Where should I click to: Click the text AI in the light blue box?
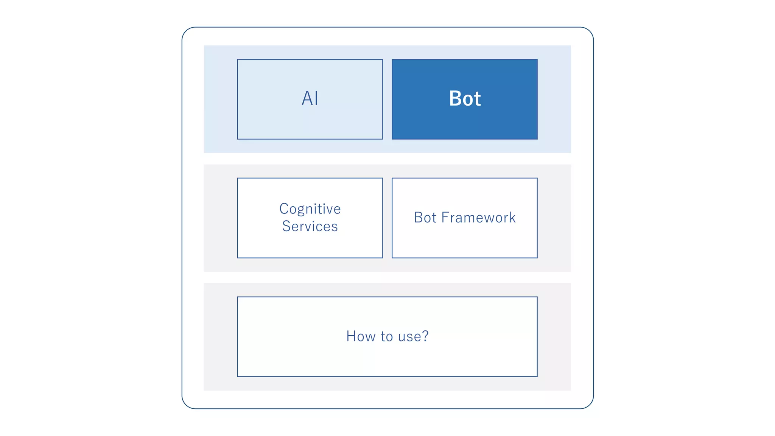(x=310, y=99)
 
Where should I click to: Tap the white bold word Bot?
(x=465, y=99)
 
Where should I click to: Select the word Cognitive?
(x=310, y=209)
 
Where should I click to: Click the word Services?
(x=310, y=226)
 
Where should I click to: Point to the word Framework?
(x=478, y=218)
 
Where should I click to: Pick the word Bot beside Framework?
(x=425, y=218)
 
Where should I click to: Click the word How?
(x=361, y=336)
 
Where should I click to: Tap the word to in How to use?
(x=387, y=336)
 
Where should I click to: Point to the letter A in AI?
(x=307, y=99)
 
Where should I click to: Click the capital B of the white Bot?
(x=456, y=99)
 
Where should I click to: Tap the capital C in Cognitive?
(x=284, y=209)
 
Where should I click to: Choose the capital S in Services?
(x=286, y=226)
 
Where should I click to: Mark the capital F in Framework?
(x=445, y=218)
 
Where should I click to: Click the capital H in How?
(x=352, y=336)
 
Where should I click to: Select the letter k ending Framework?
(x=512, y=218)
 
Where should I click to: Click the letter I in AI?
(x=316, y=99)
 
